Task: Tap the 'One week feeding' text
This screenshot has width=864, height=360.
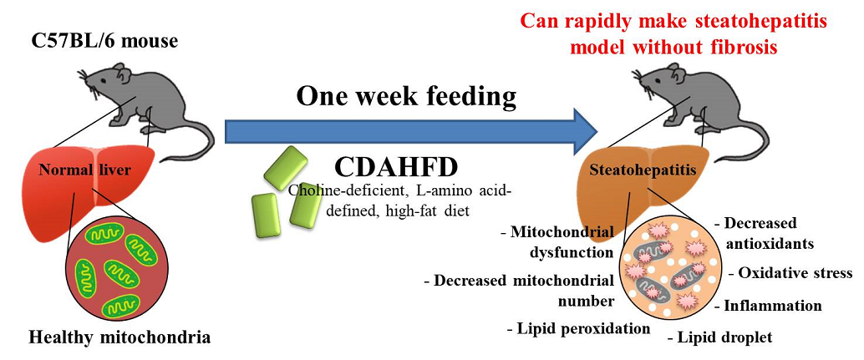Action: pos(407,97)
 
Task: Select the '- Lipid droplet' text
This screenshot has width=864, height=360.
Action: pos(719,337)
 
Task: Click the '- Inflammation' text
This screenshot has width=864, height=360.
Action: pos(770,305)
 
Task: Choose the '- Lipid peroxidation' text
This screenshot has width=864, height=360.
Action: pos(578,328)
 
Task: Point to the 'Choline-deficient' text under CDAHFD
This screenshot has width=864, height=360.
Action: pos(343,190)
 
